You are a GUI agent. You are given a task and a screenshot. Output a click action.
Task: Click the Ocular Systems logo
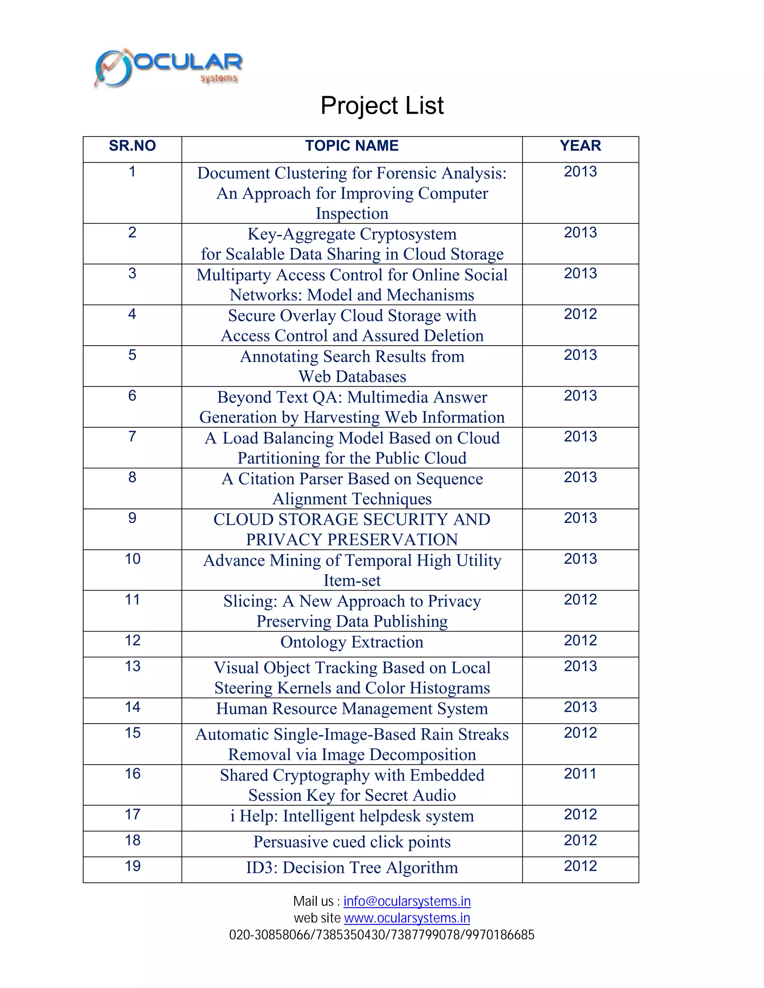tap(168, 68)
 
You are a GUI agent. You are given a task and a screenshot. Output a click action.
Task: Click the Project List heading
tap(382, 106)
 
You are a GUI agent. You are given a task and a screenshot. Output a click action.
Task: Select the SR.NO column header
tap(132, 146)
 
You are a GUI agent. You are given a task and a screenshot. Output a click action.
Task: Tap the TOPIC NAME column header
tap(352, 146)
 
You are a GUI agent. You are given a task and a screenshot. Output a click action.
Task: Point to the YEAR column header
tap(580, 146)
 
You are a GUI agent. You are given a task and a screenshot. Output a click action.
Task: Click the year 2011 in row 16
tap(580, 774)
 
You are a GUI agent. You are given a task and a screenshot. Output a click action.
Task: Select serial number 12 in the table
tap(132, 640)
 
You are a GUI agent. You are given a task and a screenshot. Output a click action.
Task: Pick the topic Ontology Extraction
tap(352, 642)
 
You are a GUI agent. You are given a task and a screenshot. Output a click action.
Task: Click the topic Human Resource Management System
tap(352, 708)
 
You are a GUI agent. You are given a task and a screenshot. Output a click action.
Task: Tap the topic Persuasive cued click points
tap(352, 841)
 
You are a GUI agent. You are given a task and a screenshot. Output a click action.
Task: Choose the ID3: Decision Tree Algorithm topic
tap(352, 867)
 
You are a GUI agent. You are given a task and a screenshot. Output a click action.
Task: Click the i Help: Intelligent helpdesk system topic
tap(352, 816)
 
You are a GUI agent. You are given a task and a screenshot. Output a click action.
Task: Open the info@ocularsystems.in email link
tap(407, 901)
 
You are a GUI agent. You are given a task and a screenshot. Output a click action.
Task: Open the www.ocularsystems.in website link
tap(407, 918)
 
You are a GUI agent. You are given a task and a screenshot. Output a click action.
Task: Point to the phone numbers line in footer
tap(382, 935)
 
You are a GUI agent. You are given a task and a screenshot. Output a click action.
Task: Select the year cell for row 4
tap(580, 314)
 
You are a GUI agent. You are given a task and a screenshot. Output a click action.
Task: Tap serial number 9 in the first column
tap(132, 518)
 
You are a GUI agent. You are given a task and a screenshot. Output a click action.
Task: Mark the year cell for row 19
tap(580, 866)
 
